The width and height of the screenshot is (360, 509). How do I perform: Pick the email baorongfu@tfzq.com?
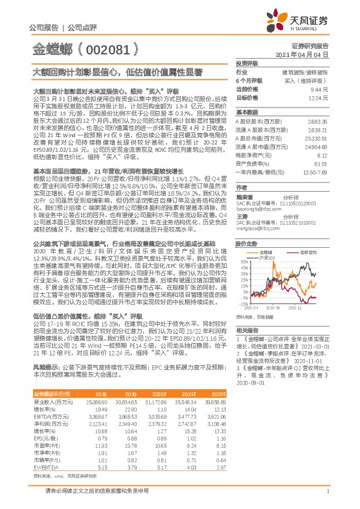tap(258, 209)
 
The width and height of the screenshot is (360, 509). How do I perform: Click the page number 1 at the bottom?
tap(327, 499)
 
